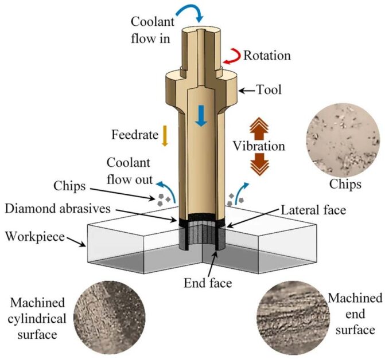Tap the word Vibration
point(258,146)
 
